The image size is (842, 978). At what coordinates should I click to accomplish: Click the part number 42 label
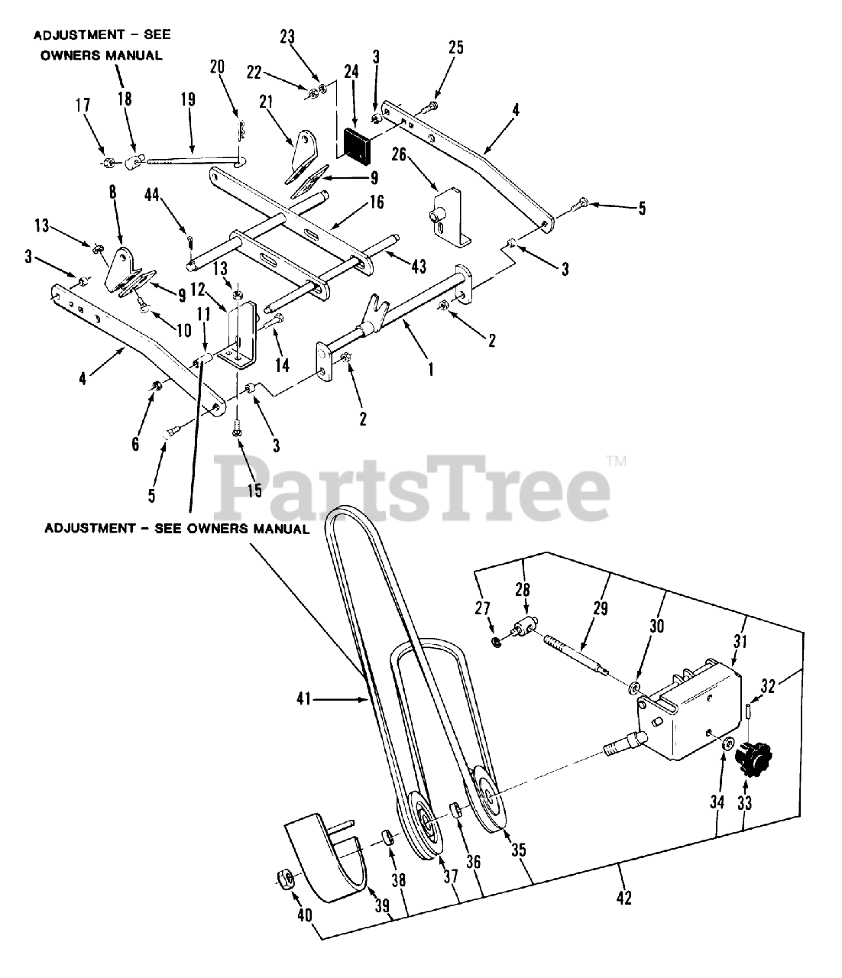623,899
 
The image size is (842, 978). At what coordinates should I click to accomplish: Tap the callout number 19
188,100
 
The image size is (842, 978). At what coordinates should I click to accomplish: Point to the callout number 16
376,202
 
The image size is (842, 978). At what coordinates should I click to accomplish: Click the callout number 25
455,47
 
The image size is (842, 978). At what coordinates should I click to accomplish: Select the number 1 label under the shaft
431,369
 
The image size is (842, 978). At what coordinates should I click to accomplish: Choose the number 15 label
254,491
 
